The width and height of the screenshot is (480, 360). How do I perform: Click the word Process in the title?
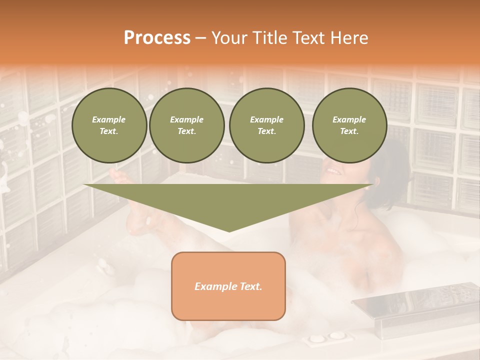pos(157,37)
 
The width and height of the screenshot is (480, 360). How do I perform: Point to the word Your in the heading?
pos(229,37)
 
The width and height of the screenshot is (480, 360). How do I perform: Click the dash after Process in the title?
pos(201,38)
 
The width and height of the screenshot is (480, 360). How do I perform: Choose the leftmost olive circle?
pos(109,125)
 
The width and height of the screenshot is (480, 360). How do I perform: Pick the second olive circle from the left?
pos(187,125)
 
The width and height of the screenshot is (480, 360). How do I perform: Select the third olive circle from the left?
pos(266,125)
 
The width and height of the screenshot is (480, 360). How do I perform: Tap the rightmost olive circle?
pos(349,125)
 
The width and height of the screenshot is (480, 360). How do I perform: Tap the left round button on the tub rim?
pos(316,338)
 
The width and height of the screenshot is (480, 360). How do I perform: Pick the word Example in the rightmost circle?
pos(349,119)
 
